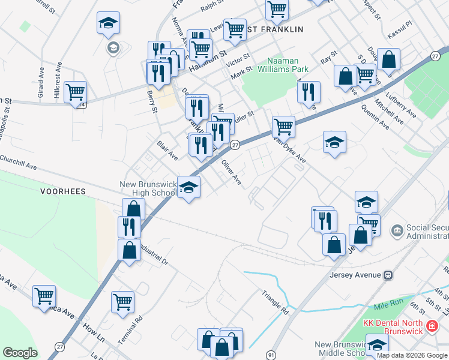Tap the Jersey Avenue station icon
388,275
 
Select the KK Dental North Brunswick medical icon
430,327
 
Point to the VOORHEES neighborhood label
63,191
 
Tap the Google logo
20,353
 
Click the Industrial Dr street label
153,253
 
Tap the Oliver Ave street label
231,173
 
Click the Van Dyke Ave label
290,149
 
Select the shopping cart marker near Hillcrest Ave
76,92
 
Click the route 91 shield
271,355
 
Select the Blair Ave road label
167,151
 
